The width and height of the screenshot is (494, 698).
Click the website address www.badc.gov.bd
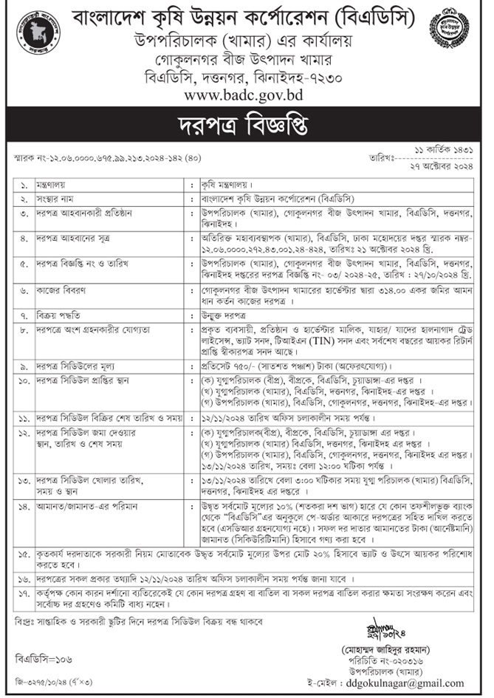[245, 94]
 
